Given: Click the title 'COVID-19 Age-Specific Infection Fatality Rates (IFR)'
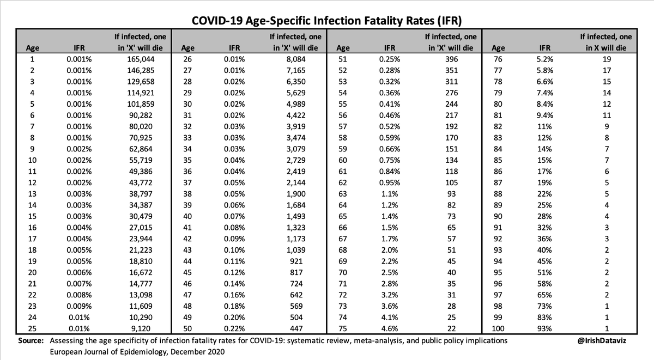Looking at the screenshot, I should pos(326,21).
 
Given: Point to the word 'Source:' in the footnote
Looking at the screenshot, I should pos(31,340).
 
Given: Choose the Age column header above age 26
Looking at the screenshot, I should pos(188,47).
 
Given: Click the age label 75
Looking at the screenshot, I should pos(344,328).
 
